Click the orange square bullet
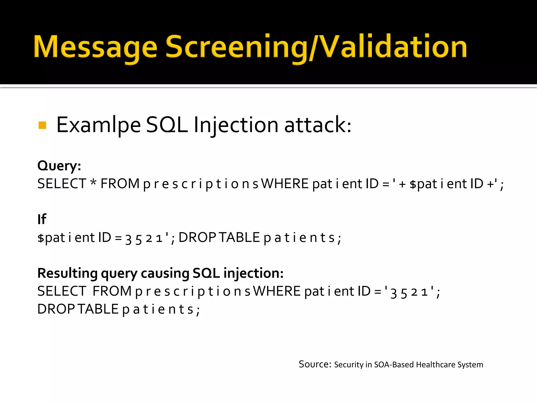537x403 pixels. (42, 125)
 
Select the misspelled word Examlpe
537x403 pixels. (99, 125)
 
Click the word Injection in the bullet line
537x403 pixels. (236, 125)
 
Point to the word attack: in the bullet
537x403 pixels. (318, 125)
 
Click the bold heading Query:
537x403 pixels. (59, 166)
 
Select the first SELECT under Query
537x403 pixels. (62, 183)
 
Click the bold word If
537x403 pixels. (42, 219)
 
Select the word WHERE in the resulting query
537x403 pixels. (277, 291)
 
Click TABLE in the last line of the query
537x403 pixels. (98, 309)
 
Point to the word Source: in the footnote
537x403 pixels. (315, 364)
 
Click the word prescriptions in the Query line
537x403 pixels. (201, 184)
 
